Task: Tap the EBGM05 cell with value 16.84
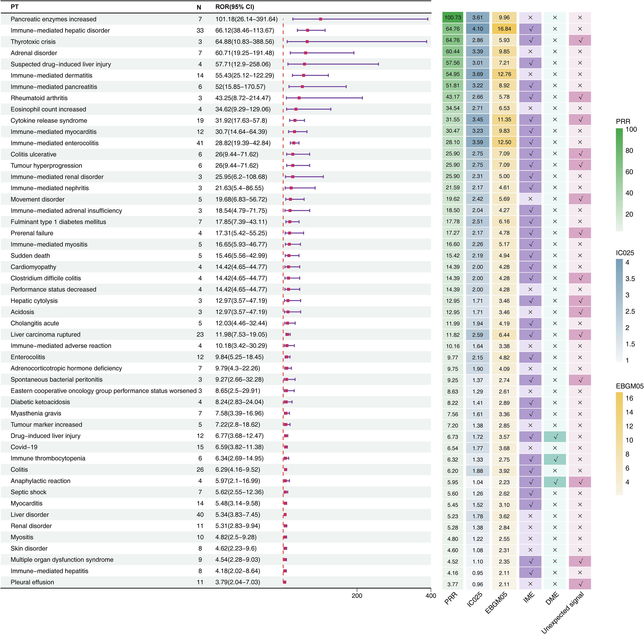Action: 504,29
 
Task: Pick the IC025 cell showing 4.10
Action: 478,29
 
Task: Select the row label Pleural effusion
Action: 32,582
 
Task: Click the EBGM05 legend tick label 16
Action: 629,398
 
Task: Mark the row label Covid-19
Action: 24,447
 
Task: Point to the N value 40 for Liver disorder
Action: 200,514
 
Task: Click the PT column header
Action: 15,7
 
